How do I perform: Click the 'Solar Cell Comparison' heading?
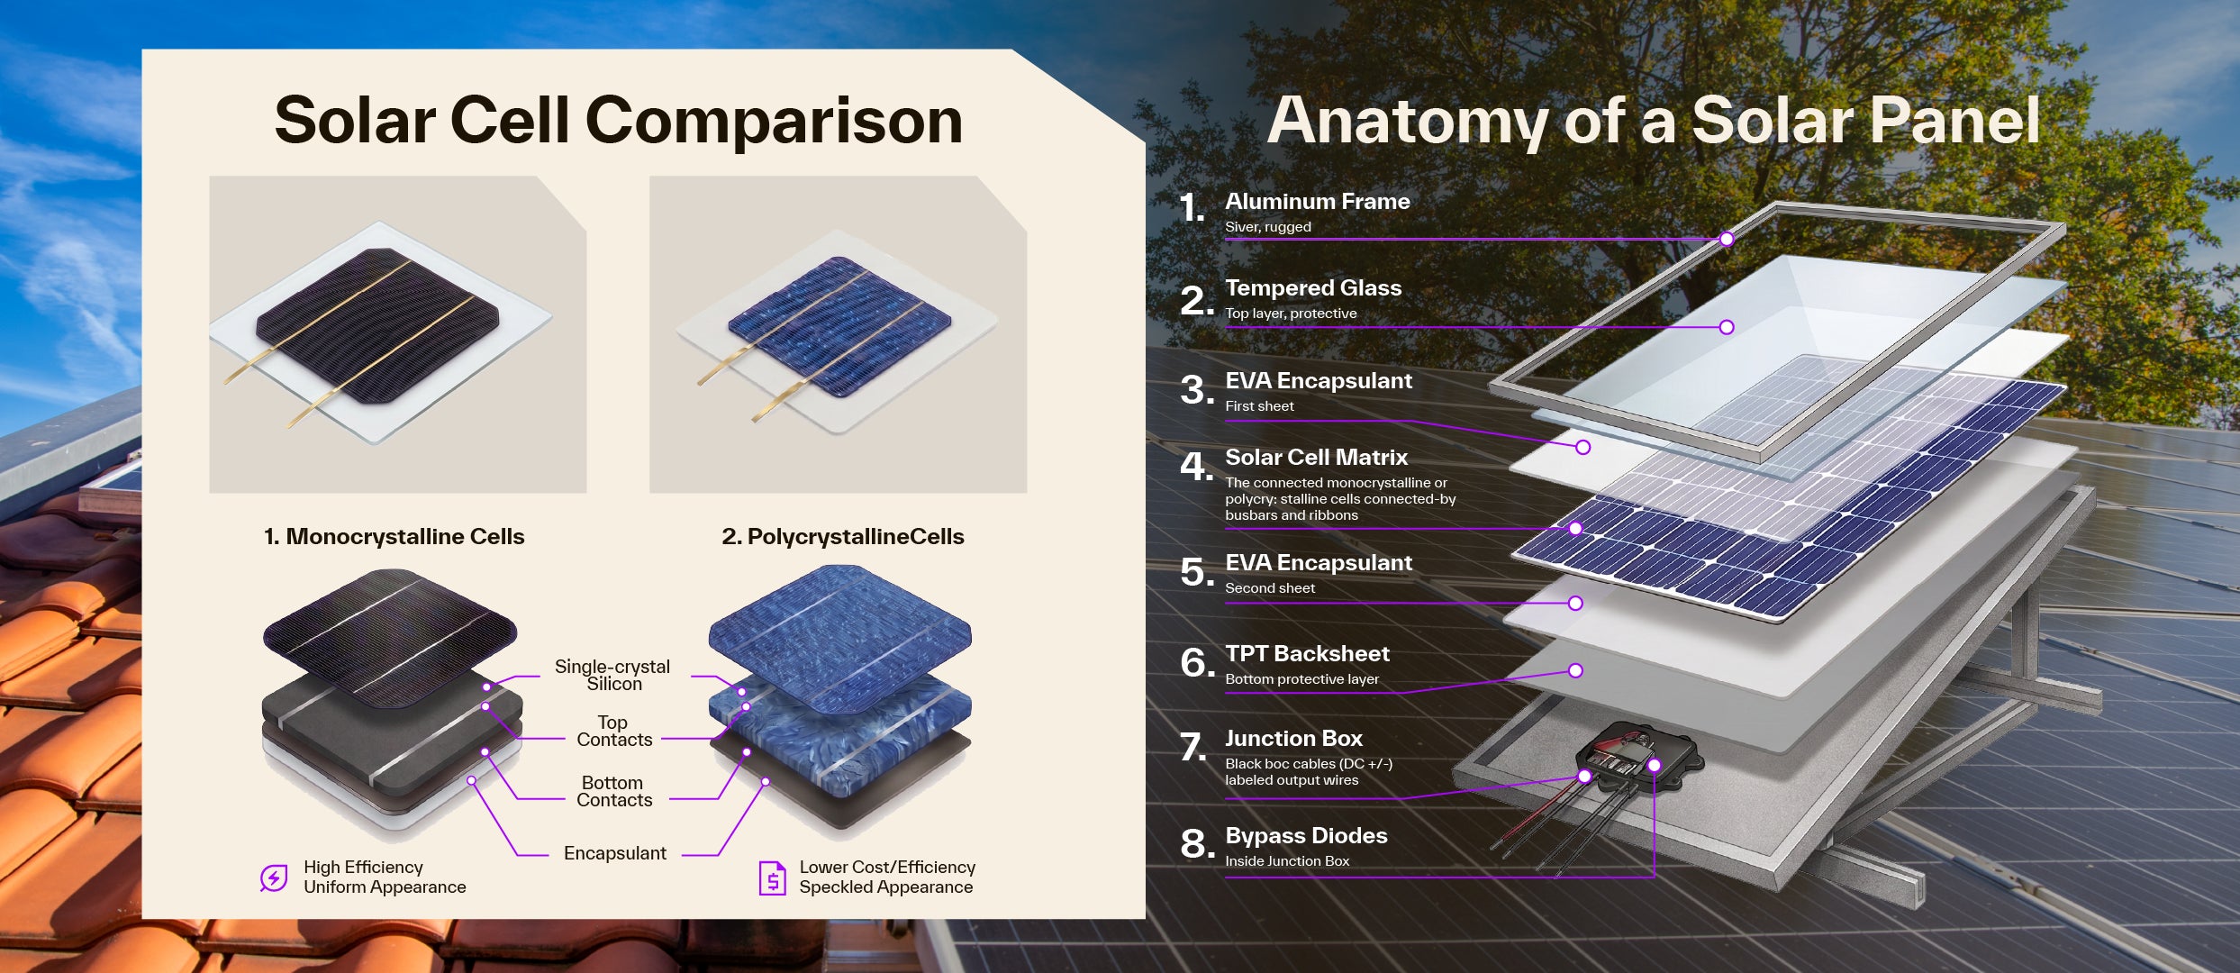618,121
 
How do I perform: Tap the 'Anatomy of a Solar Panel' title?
1653,121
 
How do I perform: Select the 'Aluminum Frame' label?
1317,202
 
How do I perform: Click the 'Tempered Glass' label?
1313,288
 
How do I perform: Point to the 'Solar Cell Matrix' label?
1316,458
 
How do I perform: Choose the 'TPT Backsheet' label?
1307,654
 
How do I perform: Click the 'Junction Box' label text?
1293,739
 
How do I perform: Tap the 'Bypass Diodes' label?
1306,836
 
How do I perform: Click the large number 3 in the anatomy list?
1196,391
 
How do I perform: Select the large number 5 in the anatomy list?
1196,573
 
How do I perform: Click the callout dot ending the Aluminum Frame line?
1726,239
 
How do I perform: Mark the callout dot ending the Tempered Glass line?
1726,327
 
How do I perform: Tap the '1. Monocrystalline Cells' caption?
394,537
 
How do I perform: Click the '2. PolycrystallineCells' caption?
842,537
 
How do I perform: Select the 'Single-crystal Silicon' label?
612,675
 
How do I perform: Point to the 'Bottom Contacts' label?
613,791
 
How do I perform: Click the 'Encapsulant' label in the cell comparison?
614,853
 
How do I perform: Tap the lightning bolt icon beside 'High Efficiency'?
274,877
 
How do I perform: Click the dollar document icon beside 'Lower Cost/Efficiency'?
772,878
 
